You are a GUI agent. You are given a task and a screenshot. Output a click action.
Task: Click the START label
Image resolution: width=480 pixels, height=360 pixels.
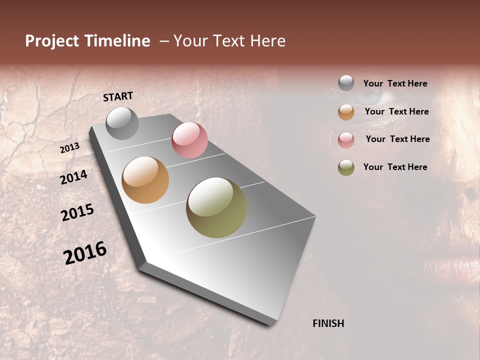coord(118,96)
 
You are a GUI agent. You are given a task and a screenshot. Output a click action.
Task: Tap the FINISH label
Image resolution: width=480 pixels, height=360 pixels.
coord(328,323)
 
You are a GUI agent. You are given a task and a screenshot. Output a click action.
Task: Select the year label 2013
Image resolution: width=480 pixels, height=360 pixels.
coord(70,148)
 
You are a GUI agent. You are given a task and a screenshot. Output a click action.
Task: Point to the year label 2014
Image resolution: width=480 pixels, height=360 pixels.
coord(73,177)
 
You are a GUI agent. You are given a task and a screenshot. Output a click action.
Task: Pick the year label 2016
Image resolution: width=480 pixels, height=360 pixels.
coord(85,252)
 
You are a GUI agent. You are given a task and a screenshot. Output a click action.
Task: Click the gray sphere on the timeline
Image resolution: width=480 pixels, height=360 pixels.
coord(122,123)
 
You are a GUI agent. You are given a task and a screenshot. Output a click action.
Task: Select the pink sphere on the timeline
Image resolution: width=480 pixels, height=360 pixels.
coord(189,140)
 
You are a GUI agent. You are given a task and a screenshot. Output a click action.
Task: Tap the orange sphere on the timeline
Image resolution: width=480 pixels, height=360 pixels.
coord(145,180)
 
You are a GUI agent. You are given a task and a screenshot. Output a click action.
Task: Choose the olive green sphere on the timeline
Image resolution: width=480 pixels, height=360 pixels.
coord(216,207)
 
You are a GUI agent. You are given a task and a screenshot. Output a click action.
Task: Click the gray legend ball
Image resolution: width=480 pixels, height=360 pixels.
coord(346,83)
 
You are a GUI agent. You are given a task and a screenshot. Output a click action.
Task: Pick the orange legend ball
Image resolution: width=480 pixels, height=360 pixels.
coord(346,112)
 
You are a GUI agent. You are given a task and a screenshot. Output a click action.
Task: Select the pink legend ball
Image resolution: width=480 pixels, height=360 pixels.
coord(346,140)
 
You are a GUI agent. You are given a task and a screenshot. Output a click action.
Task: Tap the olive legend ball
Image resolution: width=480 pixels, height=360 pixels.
coord(346,167)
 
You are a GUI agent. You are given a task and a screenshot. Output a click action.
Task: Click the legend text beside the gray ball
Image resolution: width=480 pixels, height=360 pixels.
coord(395,84)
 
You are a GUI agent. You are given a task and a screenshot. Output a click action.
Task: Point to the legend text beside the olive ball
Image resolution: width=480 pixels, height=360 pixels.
coord(395,167)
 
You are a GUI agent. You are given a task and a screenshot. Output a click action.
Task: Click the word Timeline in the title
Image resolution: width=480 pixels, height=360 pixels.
coord(116,41)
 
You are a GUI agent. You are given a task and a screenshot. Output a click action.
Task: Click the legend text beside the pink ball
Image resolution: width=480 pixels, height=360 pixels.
coord(397,139)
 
